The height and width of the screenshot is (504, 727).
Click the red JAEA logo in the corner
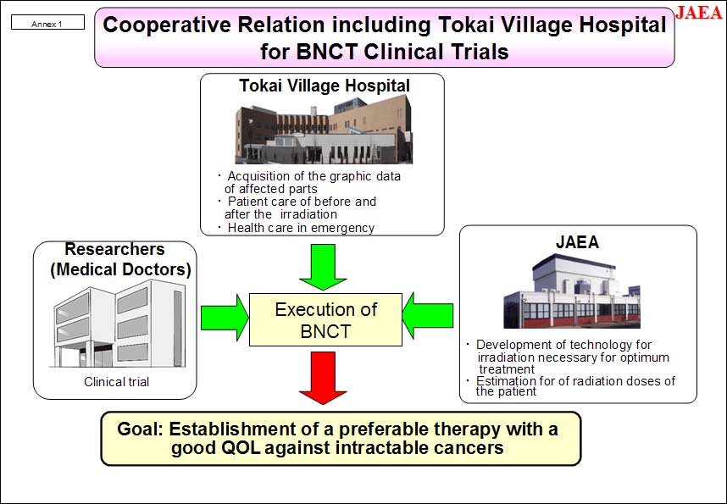(699, 13)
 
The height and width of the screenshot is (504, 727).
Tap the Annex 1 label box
(47, 22)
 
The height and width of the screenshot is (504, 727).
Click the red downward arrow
(323, 378)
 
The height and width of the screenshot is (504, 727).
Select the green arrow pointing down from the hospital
(323, 267)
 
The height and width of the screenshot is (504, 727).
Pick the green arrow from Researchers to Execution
(225, 318)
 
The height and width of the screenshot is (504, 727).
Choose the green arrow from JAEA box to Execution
(428, 316)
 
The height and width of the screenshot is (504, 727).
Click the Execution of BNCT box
(325, 320)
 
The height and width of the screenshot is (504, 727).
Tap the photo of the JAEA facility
(572, 291)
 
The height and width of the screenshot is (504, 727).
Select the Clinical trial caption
(116, 382)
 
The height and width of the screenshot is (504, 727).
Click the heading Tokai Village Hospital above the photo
(325, 86)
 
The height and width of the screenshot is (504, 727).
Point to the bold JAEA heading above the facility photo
(577, 242)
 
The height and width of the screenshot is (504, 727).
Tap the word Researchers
(115, 249)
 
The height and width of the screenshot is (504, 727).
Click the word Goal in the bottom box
(139, 429)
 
